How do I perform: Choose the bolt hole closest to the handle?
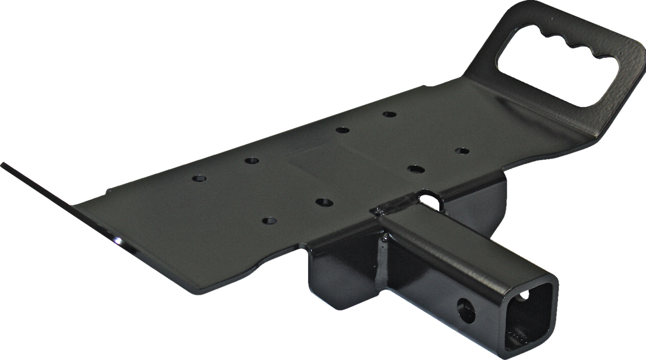tap(462, 151)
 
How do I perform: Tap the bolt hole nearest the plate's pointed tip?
tap(199, 178)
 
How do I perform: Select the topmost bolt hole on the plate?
tap(389, 114)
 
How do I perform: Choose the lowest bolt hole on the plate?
tap(269, 220)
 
